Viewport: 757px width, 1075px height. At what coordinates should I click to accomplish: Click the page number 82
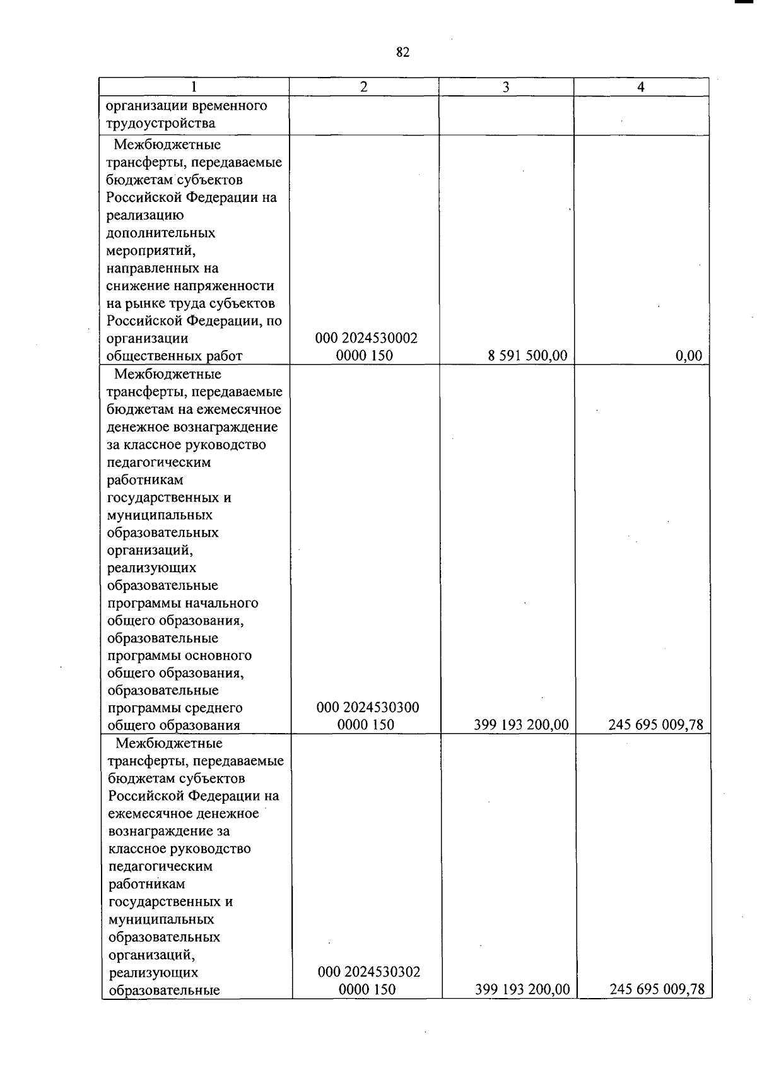pos(402,52)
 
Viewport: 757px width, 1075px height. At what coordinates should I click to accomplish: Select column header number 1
pos(194,87)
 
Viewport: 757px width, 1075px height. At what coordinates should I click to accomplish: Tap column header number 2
pos(364,87)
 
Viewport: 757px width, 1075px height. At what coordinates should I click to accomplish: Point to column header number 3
pos(506,88)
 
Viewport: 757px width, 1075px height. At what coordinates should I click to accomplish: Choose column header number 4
pos(641,88)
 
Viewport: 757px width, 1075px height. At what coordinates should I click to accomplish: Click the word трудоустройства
pos(161,123)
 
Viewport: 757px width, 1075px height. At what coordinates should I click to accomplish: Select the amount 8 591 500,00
pos(527,356)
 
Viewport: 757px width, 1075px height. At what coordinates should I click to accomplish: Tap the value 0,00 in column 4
pos(689,356)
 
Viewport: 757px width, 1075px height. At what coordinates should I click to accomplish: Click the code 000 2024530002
pos(366,338)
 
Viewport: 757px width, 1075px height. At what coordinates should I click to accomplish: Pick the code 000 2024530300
pos(367,707)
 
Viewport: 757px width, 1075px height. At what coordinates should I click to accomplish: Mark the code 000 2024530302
pos(369,972)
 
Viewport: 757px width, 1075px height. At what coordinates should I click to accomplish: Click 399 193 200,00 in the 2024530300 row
pos(521,725)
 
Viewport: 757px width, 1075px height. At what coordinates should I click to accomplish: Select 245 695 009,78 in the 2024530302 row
pos(657,989)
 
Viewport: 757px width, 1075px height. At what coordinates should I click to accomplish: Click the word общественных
pos(148,356)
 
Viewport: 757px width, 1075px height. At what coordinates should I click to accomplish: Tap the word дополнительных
pos(161,233)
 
